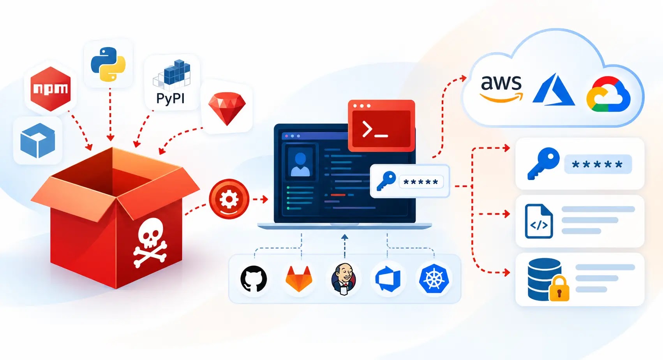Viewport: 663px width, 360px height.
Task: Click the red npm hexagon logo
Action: [x=51, y=89]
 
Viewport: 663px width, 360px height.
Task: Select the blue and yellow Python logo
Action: [x=108, y=64]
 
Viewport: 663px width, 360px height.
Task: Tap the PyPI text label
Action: [x=171, y=98]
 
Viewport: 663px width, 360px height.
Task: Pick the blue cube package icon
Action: [x=37, y=140]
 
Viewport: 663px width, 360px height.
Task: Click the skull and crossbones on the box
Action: [x=150, y=243]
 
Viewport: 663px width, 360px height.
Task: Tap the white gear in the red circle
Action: [x=229, y=199]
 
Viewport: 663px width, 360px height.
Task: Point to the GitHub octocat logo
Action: [x=254, y=279]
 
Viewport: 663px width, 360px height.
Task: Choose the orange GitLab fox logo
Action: [x=299, y=279]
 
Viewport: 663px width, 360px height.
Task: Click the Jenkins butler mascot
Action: [x=344, y=279]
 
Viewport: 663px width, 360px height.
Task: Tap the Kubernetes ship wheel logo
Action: [x=434, y=279]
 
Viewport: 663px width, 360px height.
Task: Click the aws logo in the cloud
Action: [x=501, y=88]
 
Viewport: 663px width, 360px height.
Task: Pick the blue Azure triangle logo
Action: [x=554, y=89]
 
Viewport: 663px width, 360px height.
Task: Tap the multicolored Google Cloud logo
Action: [x=608, y=94]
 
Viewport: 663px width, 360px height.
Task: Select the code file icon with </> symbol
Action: [x=539, y=221]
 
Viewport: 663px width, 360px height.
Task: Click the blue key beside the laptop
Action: [x=386, y=181]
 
